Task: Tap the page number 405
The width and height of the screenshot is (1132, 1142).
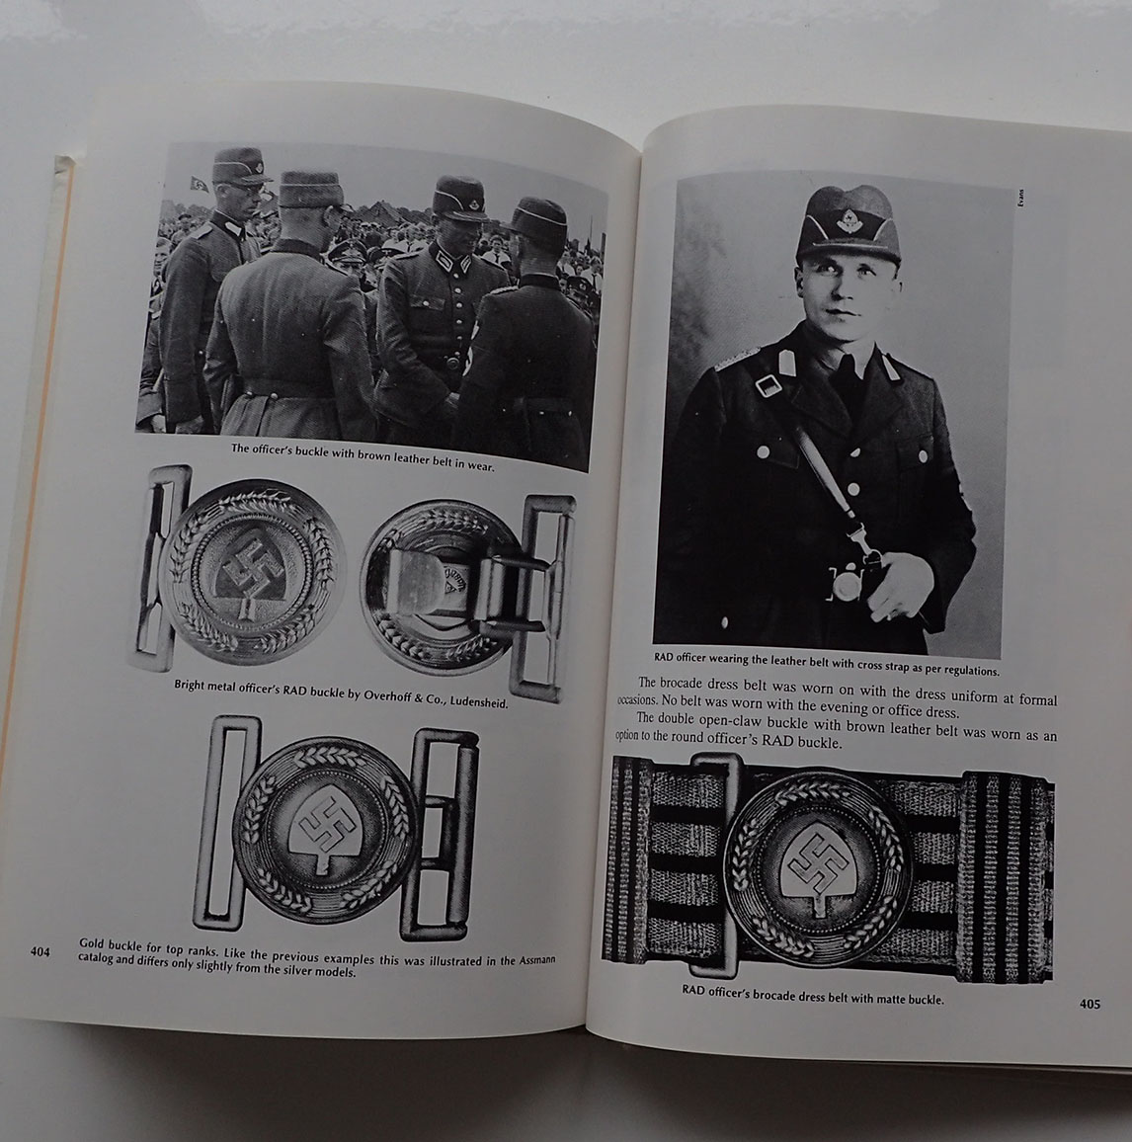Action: tap(1090, 1005)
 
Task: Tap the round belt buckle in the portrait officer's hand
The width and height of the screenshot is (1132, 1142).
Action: tap(846, 585)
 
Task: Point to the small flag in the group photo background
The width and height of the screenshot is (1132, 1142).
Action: tap(198, 184)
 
